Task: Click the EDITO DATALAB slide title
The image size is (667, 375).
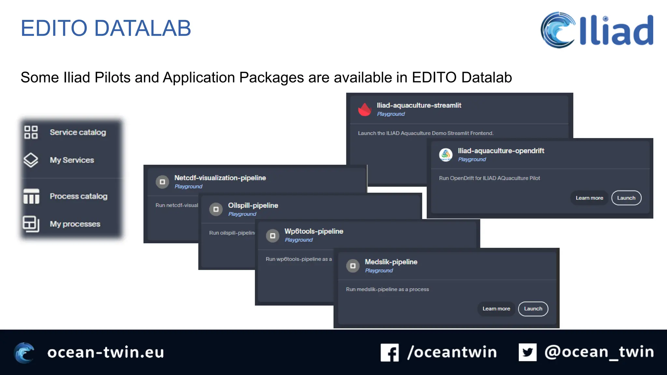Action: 106,28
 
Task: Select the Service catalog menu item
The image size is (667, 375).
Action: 78,132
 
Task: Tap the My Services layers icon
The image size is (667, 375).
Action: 31,160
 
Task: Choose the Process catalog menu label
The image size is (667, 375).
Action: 78,196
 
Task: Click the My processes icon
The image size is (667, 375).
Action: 31,224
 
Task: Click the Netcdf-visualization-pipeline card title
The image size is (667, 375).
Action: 220,178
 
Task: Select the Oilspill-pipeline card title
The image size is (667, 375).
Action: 253,205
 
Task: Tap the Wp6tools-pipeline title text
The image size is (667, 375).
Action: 314,231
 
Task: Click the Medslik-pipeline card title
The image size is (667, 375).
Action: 391,262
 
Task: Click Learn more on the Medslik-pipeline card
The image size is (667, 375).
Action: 496,309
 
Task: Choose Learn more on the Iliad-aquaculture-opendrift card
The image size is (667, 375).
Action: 589,198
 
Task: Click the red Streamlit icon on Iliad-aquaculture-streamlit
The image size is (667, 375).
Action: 365,109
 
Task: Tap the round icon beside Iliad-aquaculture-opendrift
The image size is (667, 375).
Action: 446,155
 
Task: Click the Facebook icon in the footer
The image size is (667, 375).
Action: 390,352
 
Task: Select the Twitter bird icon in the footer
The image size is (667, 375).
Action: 527,352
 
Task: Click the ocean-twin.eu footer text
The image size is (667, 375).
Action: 106,352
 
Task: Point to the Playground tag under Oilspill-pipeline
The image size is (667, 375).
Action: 242,214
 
